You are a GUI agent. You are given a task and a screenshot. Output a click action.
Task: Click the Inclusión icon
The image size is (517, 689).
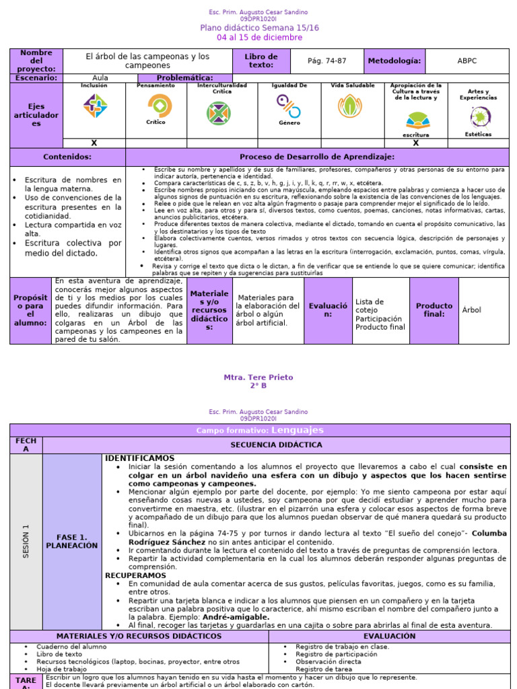coord(94,106)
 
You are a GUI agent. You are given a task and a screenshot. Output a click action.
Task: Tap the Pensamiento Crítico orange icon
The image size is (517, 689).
coord(159,105)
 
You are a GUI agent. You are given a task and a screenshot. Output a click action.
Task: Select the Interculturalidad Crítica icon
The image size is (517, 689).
coord(219,112)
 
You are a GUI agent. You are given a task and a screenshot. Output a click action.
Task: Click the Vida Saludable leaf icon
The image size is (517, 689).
coord(349,106)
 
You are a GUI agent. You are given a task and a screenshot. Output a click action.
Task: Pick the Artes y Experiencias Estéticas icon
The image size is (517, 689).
coord(480,116)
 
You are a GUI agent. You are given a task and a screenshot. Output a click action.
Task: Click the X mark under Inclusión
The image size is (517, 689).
coord(94,143)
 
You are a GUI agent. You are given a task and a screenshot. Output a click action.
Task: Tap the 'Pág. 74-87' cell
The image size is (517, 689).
coord(326,61)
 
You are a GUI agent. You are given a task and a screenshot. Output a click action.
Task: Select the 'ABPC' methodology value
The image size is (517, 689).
coord(467,61)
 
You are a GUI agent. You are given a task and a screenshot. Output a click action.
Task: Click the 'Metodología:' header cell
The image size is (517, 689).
coord(394,61)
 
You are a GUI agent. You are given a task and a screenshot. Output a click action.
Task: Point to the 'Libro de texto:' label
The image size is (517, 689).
coord(261,61)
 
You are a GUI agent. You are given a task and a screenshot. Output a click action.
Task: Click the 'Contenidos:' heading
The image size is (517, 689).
coord(67,157)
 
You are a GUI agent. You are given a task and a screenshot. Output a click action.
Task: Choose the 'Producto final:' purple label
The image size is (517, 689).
coord(434,310)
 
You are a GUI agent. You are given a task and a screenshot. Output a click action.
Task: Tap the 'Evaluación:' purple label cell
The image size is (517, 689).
coord(328,310)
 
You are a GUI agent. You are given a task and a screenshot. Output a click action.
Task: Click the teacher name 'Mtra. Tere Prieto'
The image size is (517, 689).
coord(258,377)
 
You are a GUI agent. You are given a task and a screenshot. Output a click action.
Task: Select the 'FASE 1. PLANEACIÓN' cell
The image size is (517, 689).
coord(72,542)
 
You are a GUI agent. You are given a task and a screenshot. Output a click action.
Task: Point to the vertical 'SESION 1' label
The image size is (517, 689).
coord(26,542)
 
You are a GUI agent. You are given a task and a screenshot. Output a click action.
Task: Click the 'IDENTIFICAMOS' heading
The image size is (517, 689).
coord(139,458)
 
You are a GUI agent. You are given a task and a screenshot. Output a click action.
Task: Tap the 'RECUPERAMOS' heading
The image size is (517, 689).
coord(135,575)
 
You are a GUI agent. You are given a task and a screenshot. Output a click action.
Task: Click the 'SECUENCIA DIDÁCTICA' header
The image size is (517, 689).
coord(276,445)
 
